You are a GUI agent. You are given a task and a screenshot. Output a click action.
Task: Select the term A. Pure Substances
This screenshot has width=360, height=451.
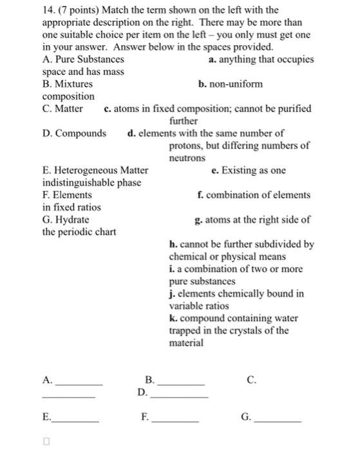tap(83, 59)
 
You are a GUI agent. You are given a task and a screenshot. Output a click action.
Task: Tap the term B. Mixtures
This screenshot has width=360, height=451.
tap(67, 84)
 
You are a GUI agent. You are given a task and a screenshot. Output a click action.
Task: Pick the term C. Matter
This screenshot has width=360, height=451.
tap(62, 108)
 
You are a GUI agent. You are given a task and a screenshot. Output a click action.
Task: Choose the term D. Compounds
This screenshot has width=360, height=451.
tap(74, 133)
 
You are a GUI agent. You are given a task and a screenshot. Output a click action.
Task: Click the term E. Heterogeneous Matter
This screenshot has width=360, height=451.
tap(95, 170)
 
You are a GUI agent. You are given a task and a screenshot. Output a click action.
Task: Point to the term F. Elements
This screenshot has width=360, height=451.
tap(62, 195)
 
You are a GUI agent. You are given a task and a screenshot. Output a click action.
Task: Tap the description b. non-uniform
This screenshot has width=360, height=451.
tap(231, 84)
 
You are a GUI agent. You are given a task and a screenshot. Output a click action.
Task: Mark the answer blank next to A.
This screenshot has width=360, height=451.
tap(79, 384)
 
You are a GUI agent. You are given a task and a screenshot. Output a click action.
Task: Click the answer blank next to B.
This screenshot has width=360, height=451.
tap(181, 384)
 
